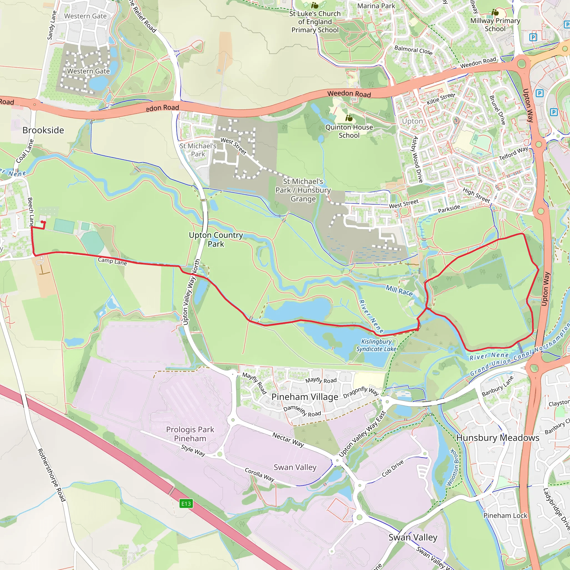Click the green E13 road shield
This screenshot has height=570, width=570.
[x=186, y=503]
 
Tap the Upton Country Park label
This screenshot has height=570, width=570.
[x=216, y=239]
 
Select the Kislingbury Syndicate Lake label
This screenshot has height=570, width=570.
[x=376, y=345]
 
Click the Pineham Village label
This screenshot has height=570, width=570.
[x=305, y=397]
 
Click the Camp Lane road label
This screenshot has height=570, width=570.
[x=112, y=261]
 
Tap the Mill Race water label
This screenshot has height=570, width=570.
[x=399, y=290]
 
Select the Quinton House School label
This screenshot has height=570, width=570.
[x=349, y=131]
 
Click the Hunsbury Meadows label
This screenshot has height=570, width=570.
[x=498, y=438]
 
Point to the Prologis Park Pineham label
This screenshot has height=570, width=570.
[x=190, y=434]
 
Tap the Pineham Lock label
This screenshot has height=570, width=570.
[x=505, y=515]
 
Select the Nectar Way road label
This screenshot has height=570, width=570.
[x=288, y=439]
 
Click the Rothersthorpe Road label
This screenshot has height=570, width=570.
[x=51, y=475]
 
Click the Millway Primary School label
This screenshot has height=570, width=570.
[x=495, y=25]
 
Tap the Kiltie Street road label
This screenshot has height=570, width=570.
[x=441, y=99]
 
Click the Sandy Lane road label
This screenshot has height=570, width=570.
[x=52, y=25]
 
